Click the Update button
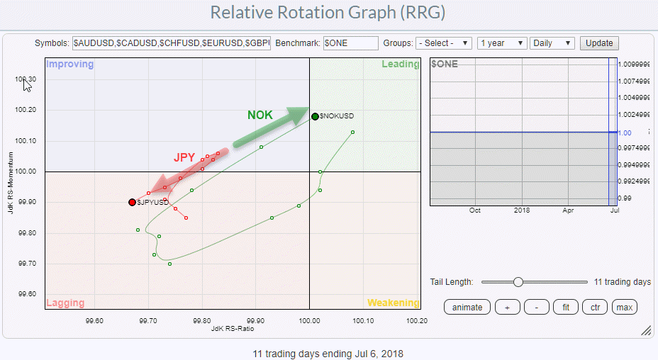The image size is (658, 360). pyautogui.click(x=598, y=43)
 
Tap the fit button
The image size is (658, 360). pyautogui.click(x=565, y=307)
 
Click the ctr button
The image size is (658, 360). pyautogui.click(x=594, y=307)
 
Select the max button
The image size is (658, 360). pyautogui.click(x=624, y=307)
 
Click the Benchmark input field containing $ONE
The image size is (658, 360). pyautogui.click(x=350, y=43)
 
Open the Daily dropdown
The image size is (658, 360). pyautogui.click(x=552, y=43)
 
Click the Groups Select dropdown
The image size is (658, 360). pyautogui.click(x=444, y=43)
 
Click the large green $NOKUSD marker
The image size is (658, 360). pyautogui.click(x=315, y=116)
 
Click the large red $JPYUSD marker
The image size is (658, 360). pyautogui.click(x=132, y=202)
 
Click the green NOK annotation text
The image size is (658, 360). pyautogui.click(x=260, y=115)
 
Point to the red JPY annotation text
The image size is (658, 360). pyautogui.click(x=184, y=157)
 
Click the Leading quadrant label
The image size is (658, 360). pyautogui.click(x=400, y=64)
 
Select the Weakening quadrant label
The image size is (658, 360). pyautogui.click(x=393, y=303)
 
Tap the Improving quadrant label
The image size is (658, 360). pyautogui.click(x=69, y=64)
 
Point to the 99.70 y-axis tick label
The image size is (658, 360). pyautogui.click(x=27, y=264)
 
